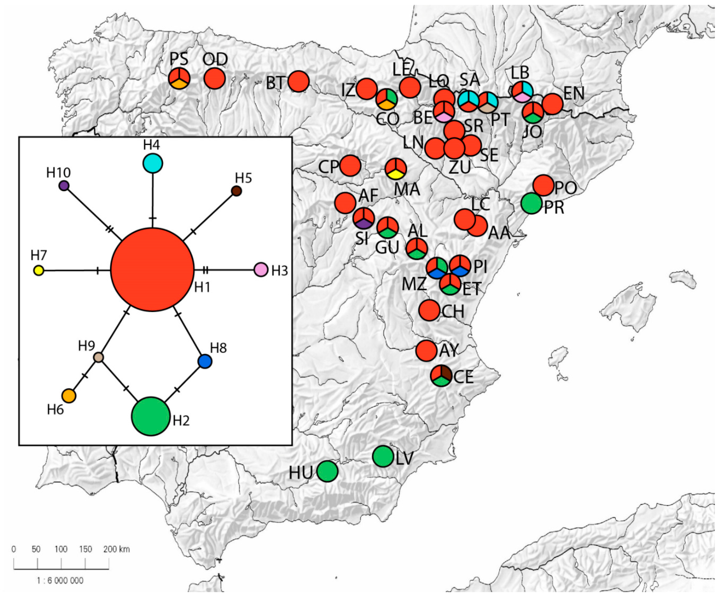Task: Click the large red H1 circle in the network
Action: [152, 270]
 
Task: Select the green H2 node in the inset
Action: [150, 416]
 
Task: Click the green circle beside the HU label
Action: [327, 471]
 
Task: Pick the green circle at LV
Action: [383, 456]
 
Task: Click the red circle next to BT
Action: [298, 81]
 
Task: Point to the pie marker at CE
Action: [441, 376]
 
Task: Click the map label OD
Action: [215, 59]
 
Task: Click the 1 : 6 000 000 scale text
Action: [60, 580]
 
